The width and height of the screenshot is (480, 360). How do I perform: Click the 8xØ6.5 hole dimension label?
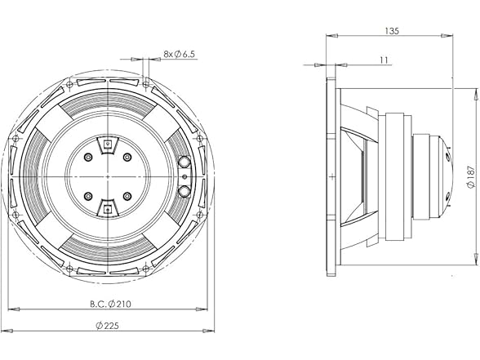[x=180, y=54]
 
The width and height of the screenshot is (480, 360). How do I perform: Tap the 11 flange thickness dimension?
[x=384, y=59]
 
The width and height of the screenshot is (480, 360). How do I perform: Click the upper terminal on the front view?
[x=107, y=145]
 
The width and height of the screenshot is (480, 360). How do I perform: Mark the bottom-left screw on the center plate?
[x=88, y=196]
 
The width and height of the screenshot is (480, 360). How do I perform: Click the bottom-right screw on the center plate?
[x=127, y=196]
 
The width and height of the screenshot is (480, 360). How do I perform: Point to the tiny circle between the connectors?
[x=185, y=177]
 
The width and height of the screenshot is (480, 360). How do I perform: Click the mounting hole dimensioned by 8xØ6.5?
[x=145, y=81]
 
